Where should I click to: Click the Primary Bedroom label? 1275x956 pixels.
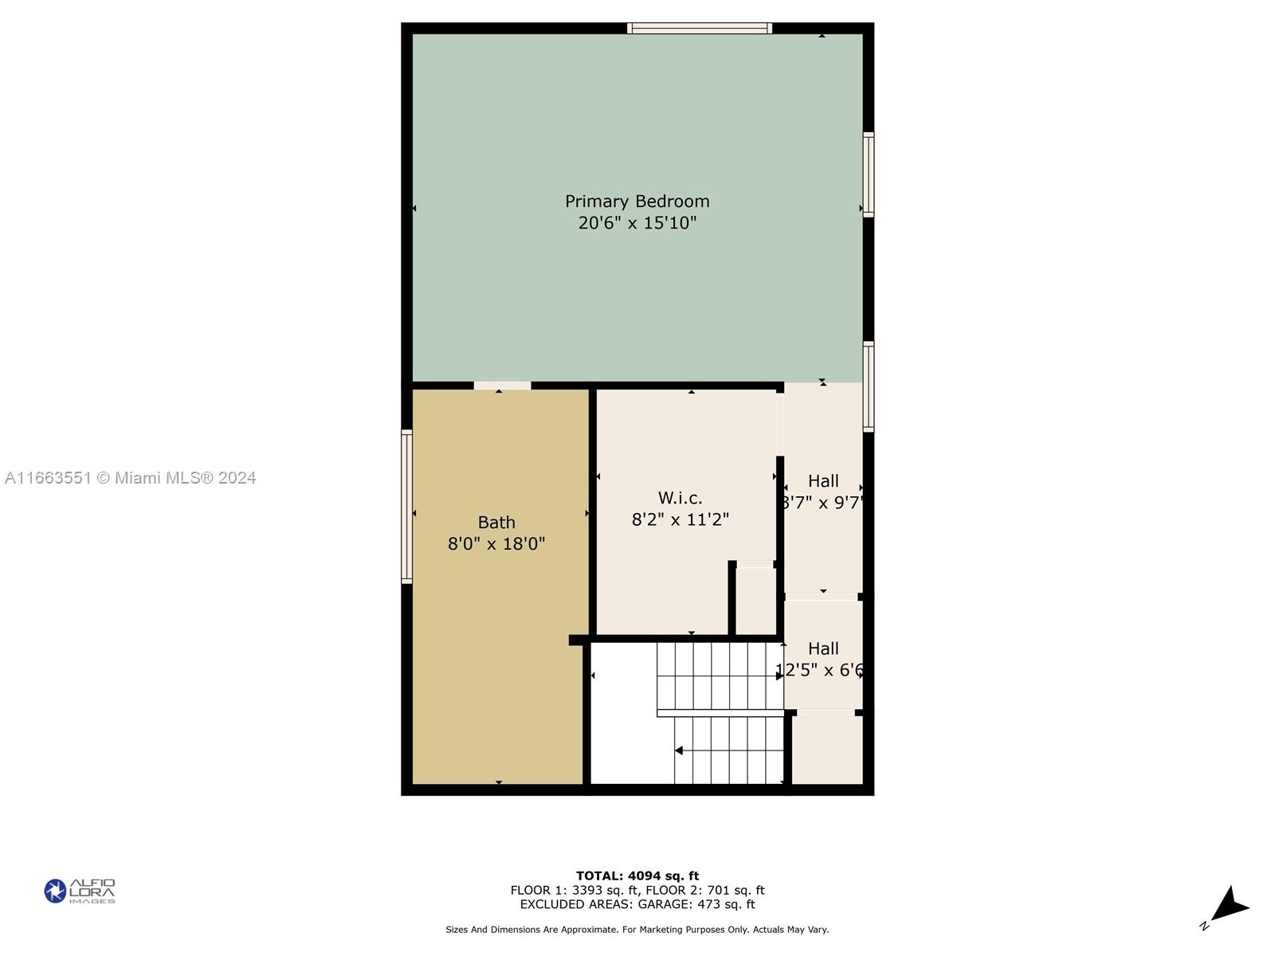[637, 202]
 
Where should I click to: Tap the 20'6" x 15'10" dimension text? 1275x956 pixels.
[637, 223]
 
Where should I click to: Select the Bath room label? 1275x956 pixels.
[496, 523]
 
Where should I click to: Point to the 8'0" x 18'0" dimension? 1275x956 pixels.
[496, 544]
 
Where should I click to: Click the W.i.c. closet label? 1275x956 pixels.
[680, 498]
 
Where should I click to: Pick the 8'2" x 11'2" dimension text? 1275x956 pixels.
[680, 519]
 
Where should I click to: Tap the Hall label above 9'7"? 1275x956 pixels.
[823, 481]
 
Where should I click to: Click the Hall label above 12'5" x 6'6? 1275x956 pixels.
[823, 648]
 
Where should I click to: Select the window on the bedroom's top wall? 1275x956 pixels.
[699, 29]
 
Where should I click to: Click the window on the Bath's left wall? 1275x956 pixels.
[406, 507]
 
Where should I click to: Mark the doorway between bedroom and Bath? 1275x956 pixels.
[502, 386]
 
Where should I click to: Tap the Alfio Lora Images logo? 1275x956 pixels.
[80, 891]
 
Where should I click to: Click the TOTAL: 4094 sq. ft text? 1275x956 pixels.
[637, 876]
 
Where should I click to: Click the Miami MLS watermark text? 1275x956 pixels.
[130, 478]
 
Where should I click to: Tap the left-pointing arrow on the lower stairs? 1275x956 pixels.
[679, 750]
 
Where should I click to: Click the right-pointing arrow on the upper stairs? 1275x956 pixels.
[779, 676]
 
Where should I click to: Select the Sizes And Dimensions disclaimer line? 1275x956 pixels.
[637, 930]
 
